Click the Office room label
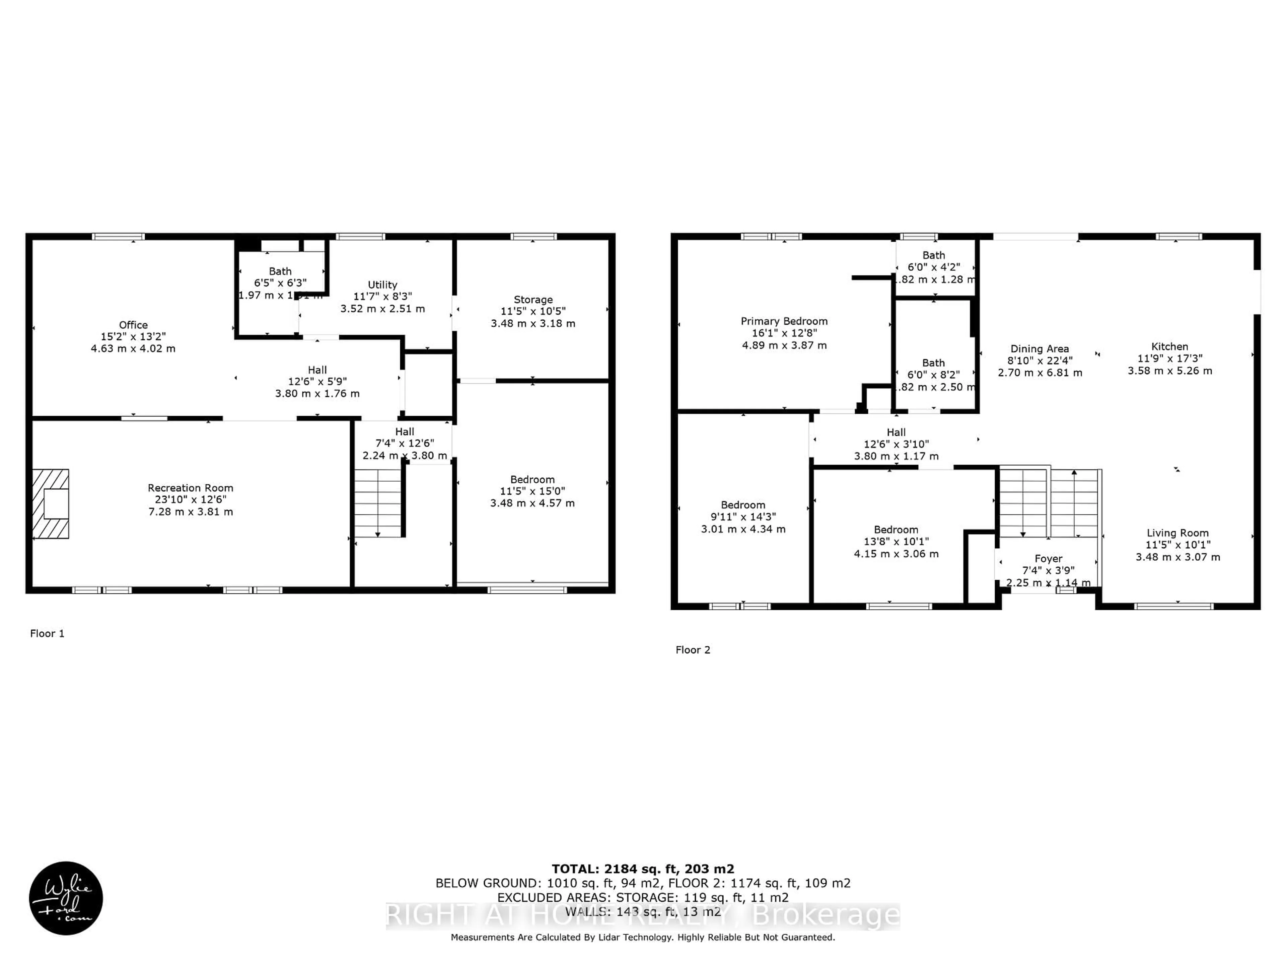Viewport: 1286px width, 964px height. [133, 325]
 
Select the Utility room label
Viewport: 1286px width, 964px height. [382, 285]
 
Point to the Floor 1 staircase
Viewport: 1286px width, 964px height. [378, 503]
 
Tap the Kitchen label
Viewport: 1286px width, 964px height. [1170, 346]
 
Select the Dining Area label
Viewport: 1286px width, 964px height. [1040, 349]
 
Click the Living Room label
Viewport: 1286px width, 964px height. [1177, 533]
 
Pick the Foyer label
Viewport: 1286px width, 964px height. [1048, 558]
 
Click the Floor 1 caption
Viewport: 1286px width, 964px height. [47, 633]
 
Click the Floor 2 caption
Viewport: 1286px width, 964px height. [693, 650]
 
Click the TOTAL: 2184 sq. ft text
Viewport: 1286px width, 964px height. [642, 869]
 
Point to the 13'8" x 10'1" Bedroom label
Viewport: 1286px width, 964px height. [896, 529]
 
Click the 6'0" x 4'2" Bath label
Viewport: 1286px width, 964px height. [934, 255]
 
